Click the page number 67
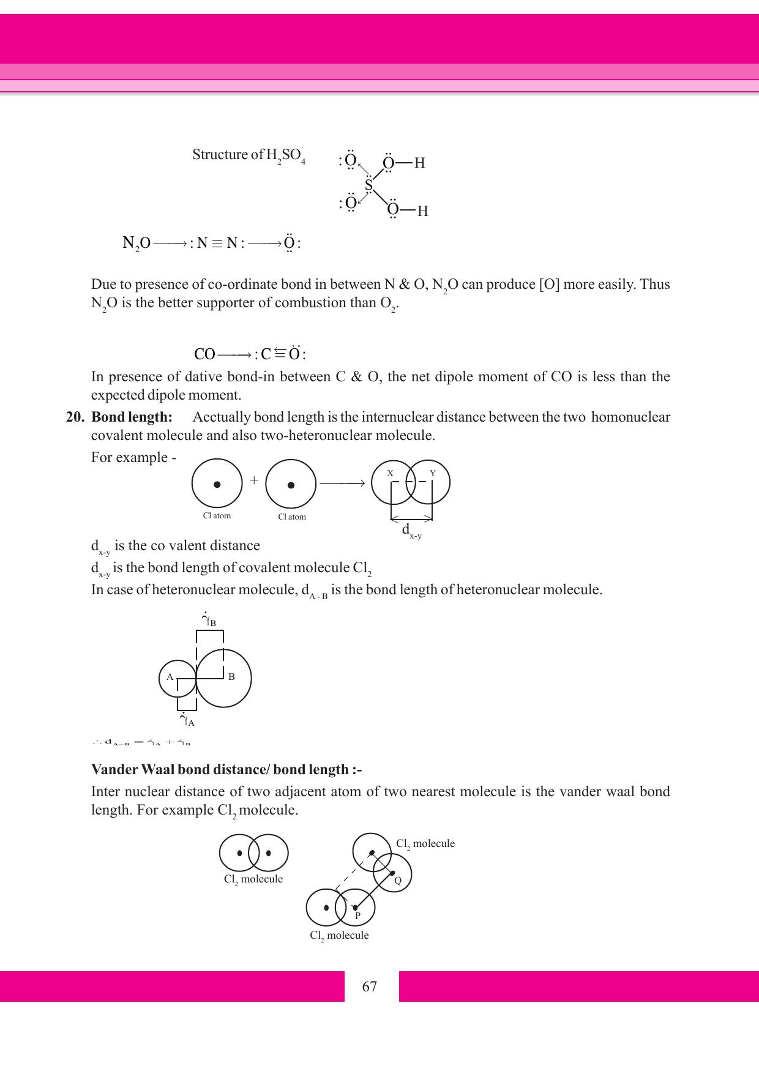(x=370, y=986)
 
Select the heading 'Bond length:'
(x=132, y=417)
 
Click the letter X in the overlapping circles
(x=390, y=474)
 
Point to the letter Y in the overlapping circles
(x=433, y=474)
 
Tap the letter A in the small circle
(x=170, y=677)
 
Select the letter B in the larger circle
(x=231, y=677)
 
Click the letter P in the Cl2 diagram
(x=357, y=916)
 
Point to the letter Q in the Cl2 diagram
(x=397, y=881)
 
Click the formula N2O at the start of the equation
(x=136, y=244)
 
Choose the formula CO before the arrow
(x=204, y=354)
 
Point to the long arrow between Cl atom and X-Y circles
(x=342, y=483)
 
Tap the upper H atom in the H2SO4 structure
(x=419, y=163)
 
